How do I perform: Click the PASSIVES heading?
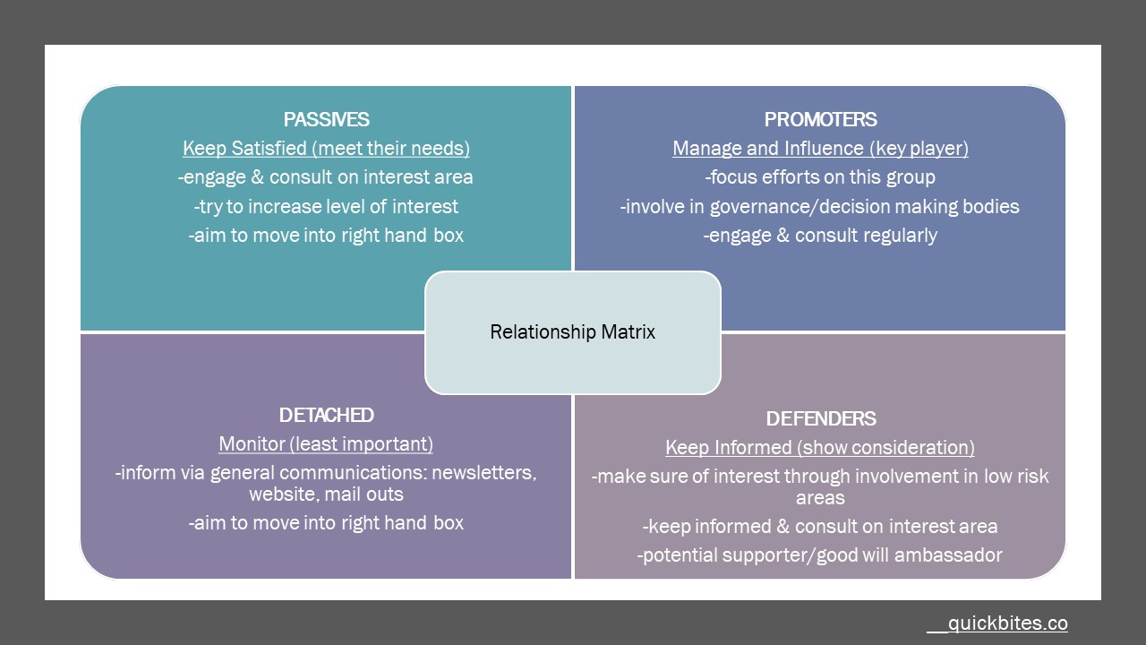pos(326,120)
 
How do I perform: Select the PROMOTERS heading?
pos(820,120)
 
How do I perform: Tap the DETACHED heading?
pos(326,415)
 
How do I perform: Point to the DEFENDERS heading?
pos(820,418)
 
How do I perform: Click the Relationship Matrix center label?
pos(573,332)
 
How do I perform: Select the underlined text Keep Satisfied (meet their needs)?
pos(326,149)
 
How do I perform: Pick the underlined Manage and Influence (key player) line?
pos(820,149)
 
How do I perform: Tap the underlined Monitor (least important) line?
pos(326,443)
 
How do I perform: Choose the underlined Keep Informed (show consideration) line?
pos(820,447)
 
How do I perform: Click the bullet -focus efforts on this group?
pos(820,177)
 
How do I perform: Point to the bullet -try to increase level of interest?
pos(326,206)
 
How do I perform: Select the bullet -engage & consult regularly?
pos(820,236)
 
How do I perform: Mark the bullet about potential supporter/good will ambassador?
pos(820,555)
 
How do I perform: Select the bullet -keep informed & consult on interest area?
pos(820,527)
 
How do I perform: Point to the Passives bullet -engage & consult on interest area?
pos(326,177)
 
